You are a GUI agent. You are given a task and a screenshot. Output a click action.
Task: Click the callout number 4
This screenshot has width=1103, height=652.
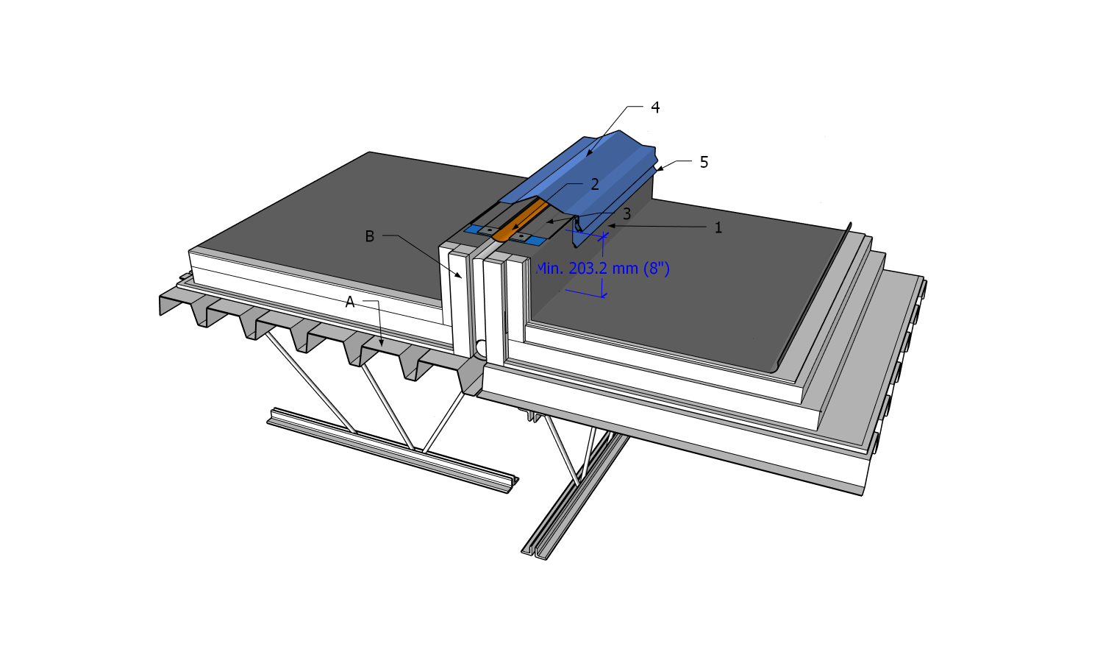655,107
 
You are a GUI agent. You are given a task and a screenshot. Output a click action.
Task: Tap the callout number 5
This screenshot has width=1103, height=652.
704,162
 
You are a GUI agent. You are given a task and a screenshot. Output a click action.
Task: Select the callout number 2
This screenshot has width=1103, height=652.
595,184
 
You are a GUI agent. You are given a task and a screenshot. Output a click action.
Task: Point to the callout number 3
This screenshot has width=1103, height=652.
627,214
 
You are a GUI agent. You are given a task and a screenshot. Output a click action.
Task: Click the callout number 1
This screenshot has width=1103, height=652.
718,227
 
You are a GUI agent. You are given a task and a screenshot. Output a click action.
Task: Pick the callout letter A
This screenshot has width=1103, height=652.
349,302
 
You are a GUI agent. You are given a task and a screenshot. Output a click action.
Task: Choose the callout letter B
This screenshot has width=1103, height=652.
369,236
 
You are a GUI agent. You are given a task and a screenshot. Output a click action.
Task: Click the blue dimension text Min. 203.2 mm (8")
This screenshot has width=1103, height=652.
603,269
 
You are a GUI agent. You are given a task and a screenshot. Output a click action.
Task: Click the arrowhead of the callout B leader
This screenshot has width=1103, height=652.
460,275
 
